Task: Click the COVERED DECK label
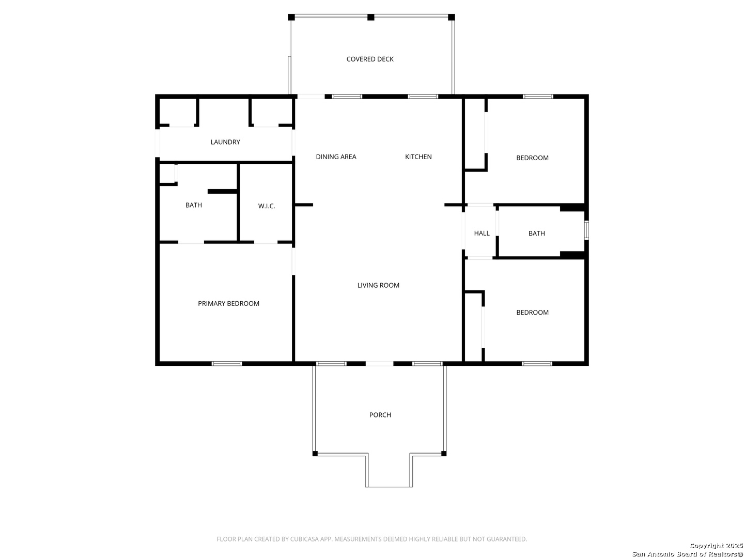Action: [370, 59]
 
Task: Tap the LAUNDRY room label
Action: [225, 142]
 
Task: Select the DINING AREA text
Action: [336, 157]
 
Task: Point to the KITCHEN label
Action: [419, 157]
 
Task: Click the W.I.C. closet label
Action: [267, 206]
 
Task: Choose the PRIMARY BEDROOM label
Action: [228, 304]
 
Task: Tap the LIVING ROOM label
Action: [378, 285]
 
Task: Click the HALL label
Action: [482, 233]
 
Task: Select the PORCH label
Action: [380, 415]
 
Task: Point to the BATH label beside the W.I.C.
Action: [194, 205]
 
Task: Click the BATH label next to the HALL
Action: [537, 233]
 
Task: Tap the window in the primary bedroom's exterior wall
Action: [227, 364]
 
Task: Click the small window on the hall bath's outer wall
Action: [586, 230]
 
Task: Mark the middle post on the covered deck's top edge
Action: [371, 17]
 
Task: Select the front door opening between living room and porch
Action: [379, 364]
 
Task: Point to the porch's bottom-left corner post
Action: [315, 454]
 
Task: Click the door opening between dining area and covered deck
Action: [311, 97]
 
